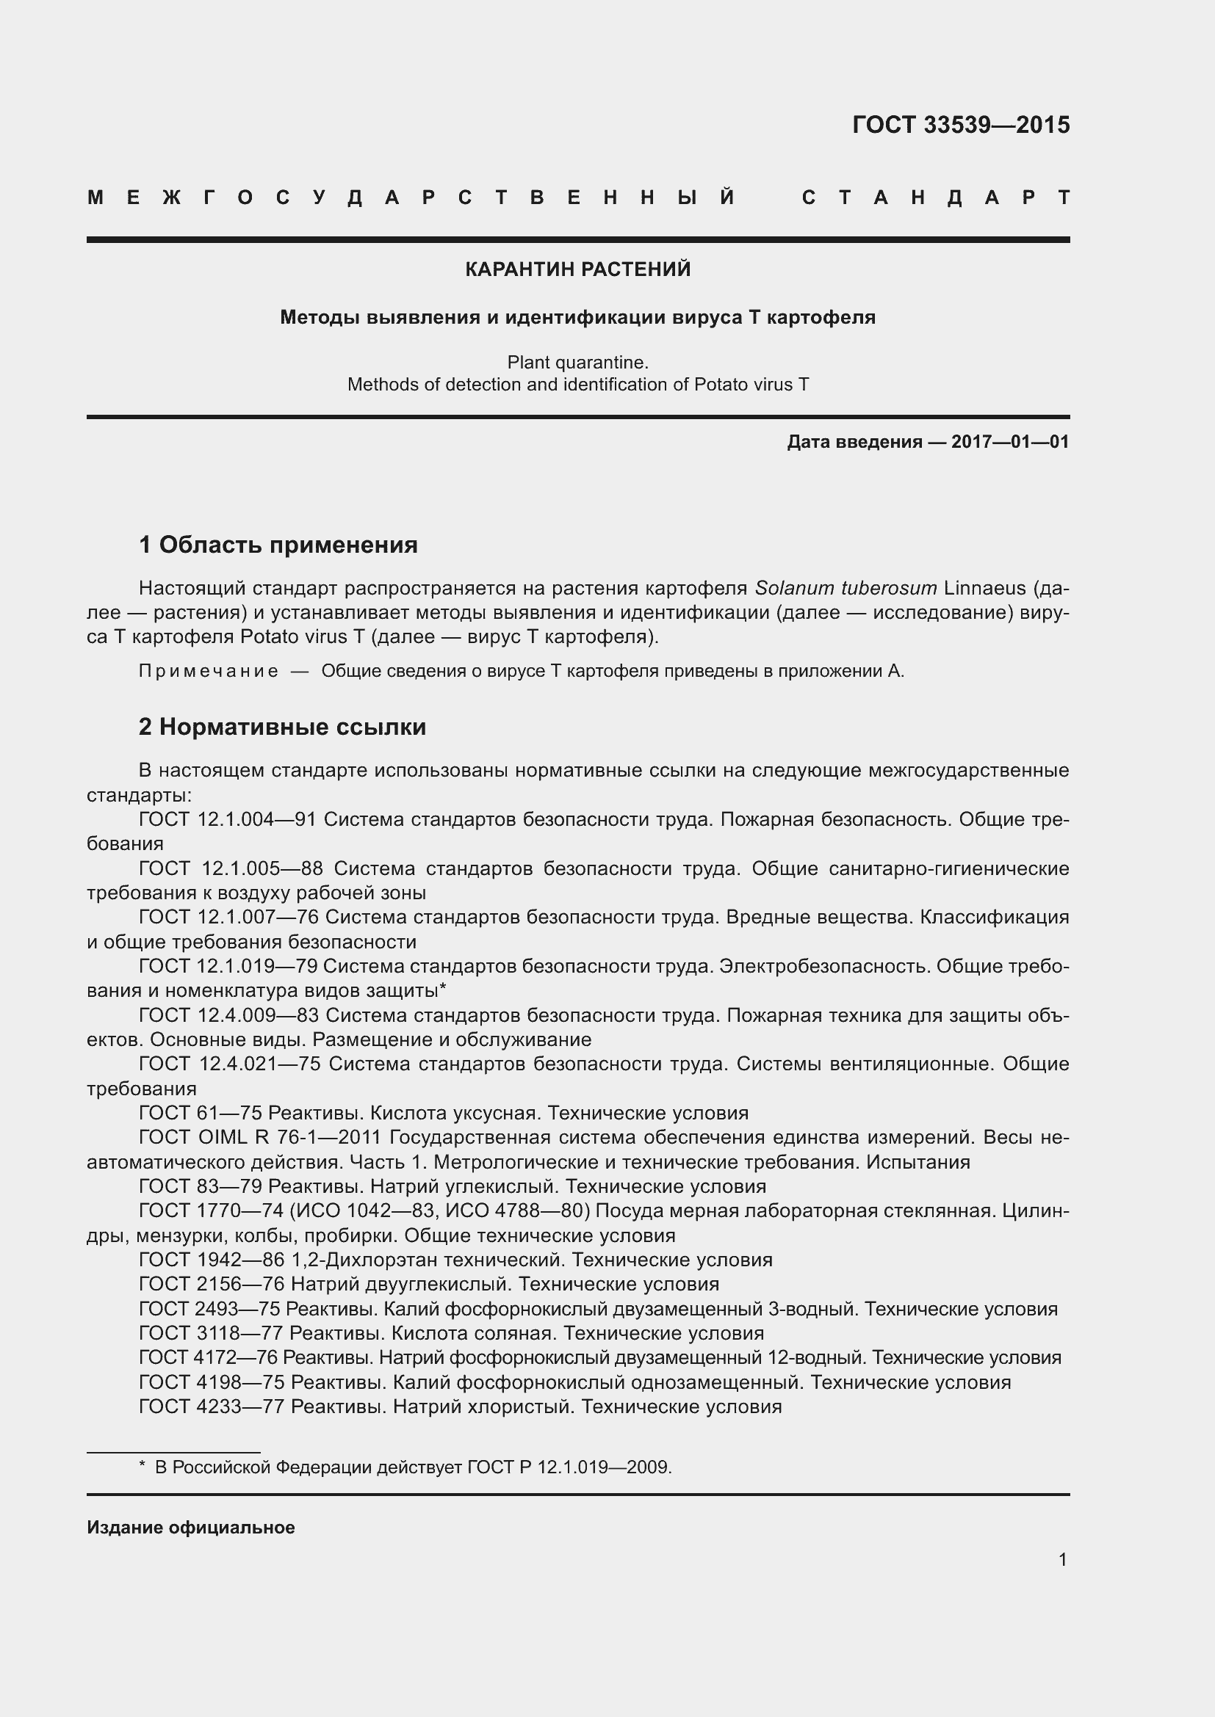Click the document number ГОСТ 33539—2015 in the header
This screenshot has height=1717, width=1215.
coord(961,125)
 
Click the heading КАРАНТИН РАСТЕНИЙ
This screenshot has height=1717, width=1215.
coord(577,269)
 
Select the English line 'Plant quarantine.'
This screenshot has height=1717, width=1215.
coord(577,363)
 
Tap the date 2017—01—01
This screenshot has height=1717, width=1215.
coord(1010,442)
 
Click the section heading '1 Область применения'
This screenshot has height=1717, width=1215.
coord(278,545)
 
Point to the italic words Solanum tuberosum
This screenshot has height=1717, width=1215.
coord(846,588)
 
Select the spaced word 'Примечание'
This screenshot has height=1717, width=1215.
coord(209,671)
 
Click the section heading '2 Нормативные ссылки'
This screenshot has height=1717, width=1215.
coord(282,726)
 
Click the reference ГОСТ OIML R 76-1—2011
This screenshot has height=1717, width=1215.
coord(260,1137)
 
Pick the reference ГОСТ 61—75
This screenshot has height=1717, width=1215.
coord(200,1113)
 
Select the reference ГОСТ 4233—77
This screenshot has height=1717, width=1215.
coord(211,1406)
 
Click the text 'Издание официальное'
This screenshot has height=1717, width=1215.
coord(191,1528)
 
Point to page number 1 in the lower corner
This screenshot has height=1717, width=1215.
coord(1062,1559)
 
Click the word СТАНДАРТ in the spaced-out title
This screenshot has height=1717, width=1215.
coord(936,197)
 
